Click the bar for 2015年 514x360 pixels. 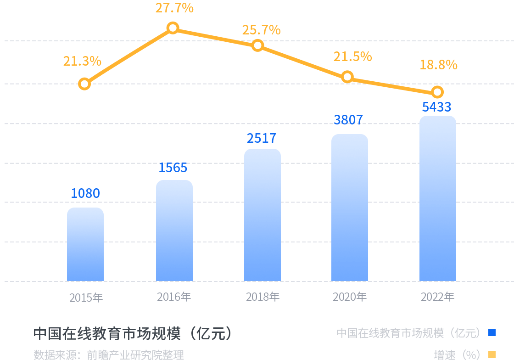click(x=85, y=244)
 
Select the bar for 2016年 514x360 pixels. click(x=174, y=231)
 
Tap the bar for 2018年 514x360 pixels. click(x=262, y=215)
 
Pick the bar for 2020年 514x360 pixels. click(x=350, y=208)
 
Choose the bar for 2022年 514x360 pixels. click(x=438, y=198)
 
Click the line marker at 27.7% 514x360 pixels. click(x=173, y=28)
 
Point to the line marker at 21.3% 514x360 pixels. click(x=84, y=84)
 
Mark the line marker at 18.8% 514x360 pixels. click(x=438, y=92)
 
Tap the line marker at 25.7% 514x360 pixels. click(x=258, y=45)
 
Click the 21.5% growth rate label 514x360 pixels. click(x=352, y=56)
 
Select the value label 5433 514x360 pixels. click(x=437, y=107)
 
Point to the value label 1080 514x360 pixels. click(x=85, y=193)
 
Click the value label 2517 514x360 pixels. click(x=262, y=138)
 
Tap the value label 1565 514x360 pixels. click(x=173, y=168)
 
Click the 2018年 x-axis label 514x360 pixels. click(x=263, y=297)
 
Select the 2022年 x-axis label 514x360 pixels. click(x=438, y=297)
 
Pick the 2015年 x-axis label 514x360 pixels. click(x=86, y=298)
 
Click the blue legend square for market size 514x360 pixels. click(x=492, y=332)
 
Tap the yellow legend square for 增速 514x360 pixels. click(x=492, y=354)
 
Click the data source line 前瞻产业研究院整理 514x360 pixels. click(x=109, y=354)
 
